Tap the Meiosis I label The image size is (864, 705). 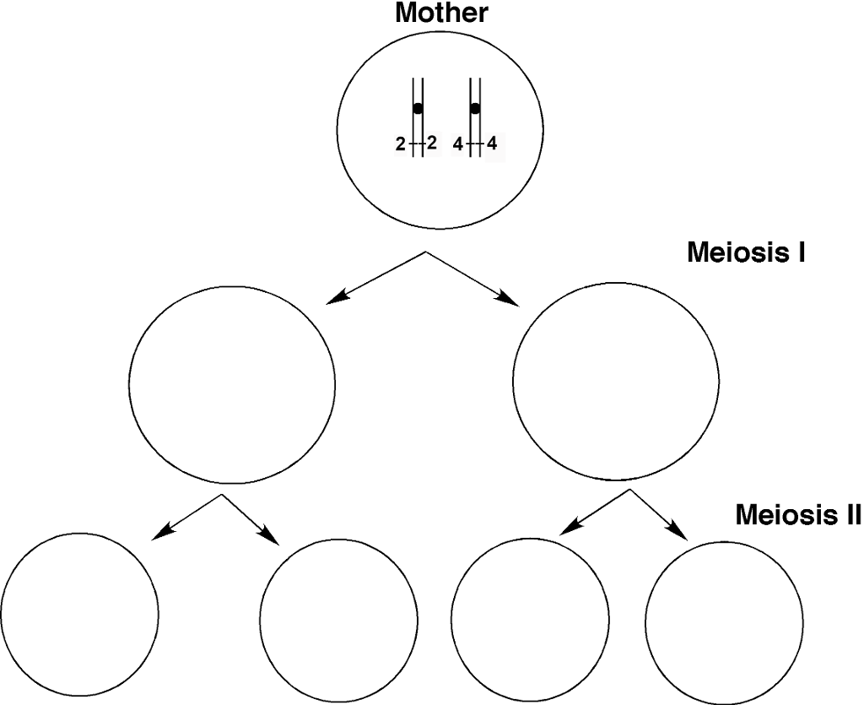[x=746, y=252]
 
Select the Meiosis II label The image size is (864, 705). [x=797, y=514]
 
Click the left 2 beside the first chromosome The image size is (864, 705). [x=400, y=145]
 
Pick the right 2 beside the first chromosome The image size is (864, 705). [x=432, y=144]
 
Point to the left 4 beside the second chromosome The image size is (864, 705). [x=457, y=145]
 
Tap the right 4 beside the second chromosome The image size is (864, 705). [x=491, y=144]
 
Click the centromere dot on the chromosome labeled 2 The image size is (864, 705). [x=418, y=109]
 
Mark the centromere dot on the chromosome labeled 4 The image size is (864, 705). [x=475, y=109]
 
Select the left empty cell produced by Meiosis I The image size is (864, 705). [x=232, y=384]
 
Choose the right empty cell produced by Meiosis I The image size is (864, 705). [x=616, y=380]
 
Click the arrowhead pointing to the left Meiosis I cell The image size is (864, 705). [x=336, y=296]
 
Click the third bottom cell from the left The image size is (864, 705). [x=531, y=616]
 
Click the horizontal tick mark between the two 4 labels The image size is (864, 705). [x=475, y=145]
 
